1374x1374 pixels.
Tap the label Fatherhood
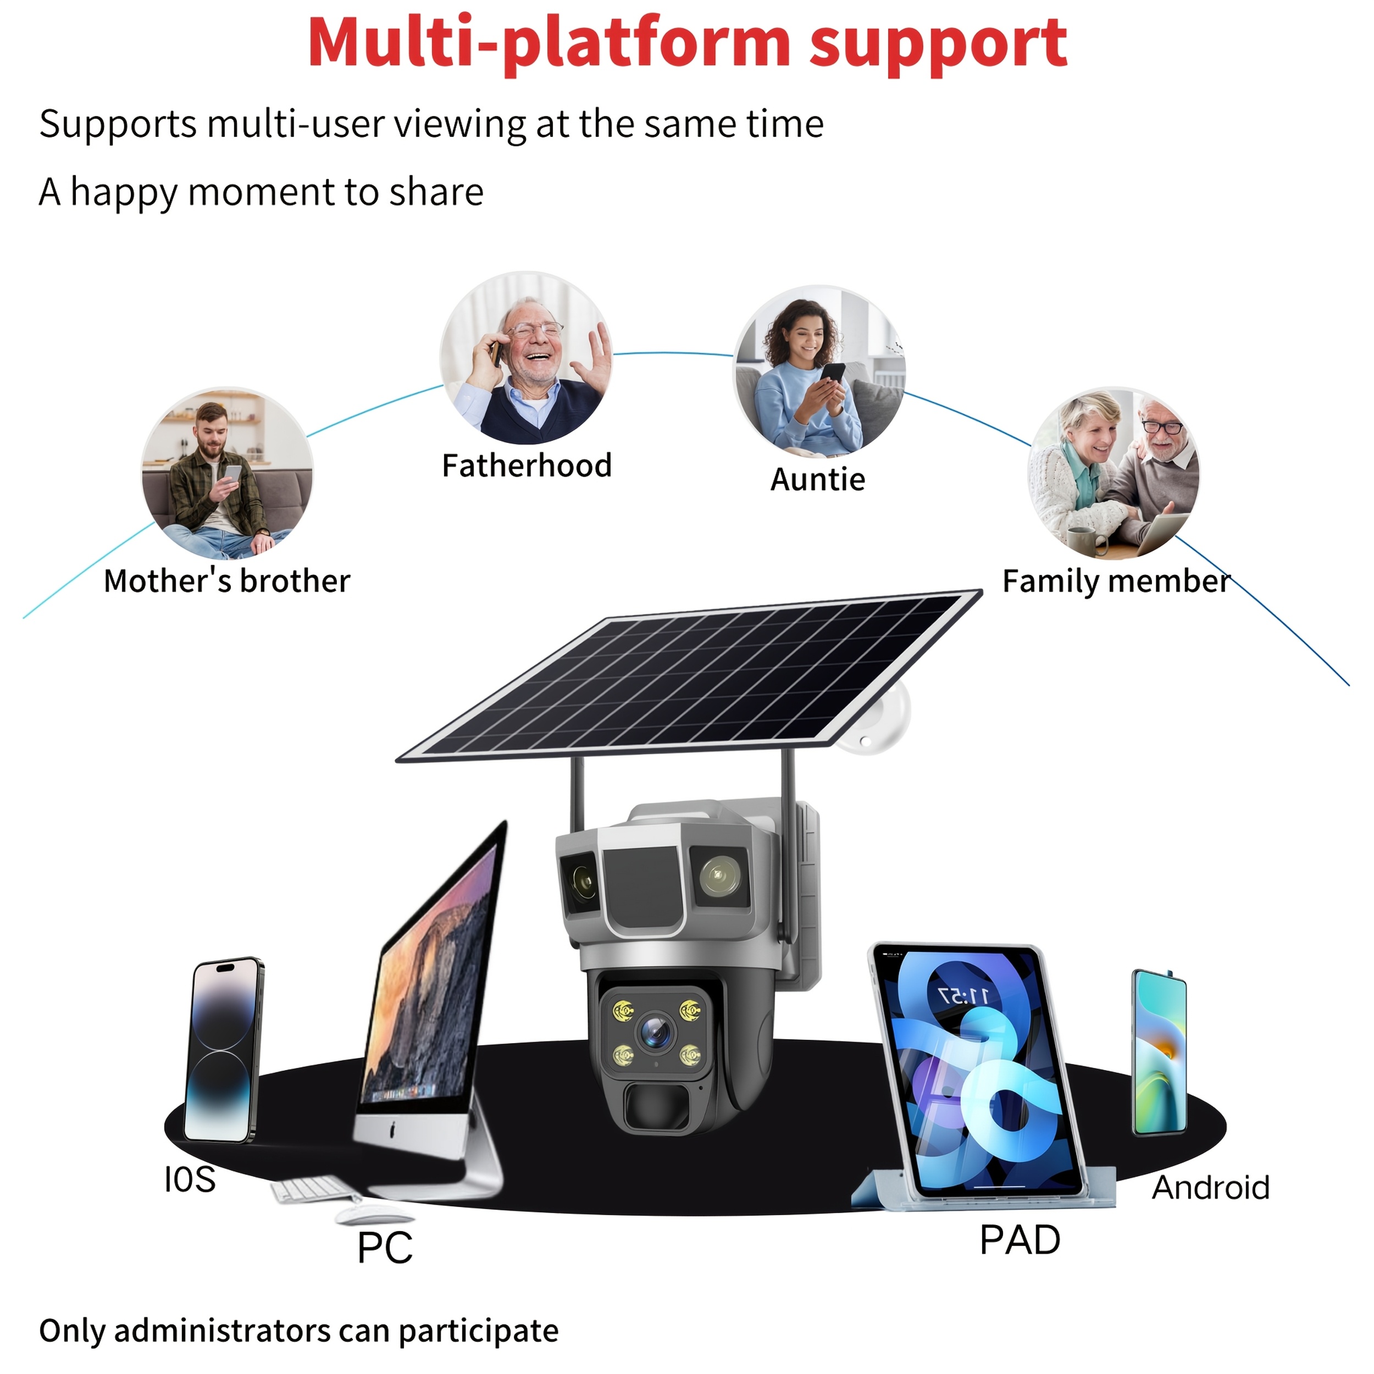pos(527,467)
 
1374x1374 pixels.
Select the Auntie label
pos(818,480)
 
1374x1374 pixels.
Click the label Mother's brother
pos(227,581)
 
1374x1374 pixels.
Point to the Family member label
pos(1116,581)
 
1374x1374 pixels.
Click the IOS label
pos(189,1180)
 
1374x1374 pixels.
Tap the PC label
pos(385,1248)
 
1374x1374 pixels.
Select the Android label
pos(1210,1188)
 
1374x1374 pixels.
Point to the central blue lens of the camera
pos(656,1032)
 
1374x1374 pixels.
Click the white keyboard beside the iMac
pos(309,1190)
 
